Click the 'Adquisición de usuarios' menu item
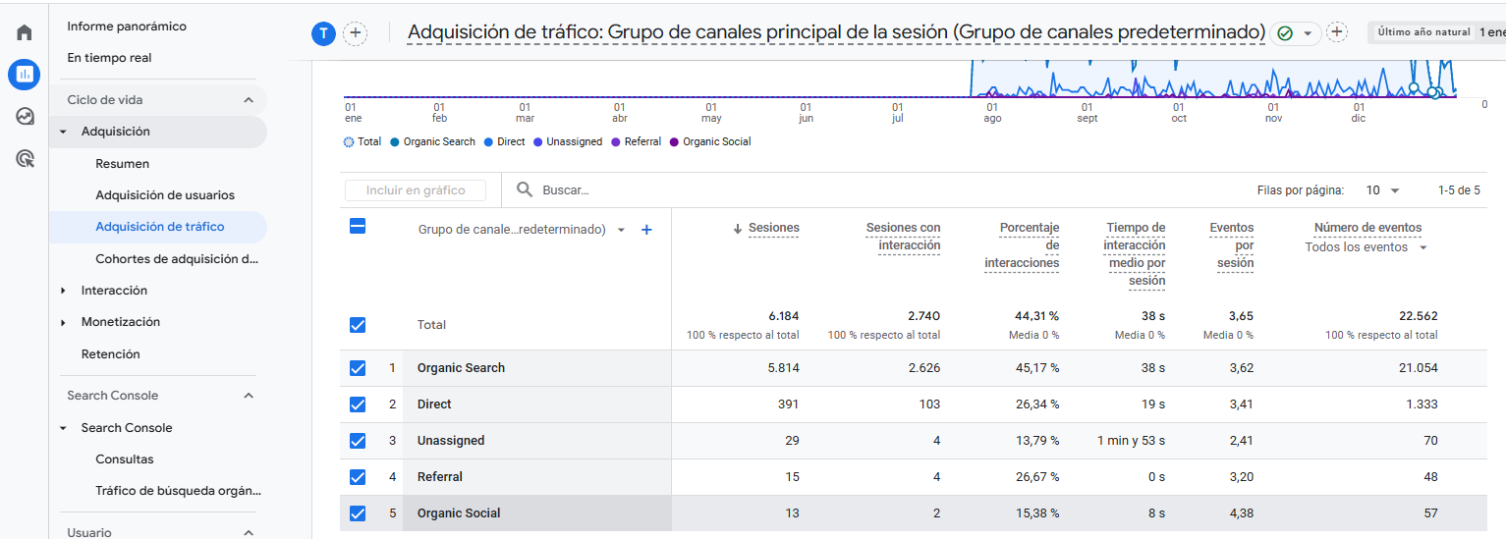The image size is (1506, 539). point(164,195)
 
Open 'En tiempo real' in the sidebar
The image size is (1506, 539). point(109,58)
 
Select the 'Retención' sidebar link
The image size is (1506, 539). point(110,354)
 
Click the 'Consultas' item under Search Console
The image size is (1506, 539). point(125,459)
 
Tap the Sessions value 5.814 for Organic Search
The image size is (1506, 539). point(777,368)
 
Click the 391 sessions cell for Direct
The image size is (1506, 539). point(785,404)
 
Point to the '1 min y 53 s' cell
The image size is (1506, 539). point(1131,441)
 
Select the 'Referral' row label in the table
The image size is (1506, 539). point(439,477)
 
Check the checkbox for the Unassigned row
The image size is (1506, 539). point(358,441)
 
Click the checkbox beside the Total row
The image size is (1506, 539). point(358,325)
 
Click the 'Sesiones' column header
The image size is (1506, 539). point(773,228)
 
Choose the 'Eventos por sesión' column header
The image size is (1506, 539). point(1231,244)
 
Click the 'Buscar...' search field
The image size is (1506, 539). point(589,190)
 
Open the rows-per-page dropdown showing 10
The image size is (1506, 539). point(1382,190)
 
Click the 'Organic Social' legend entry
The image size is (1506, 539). point(716,142)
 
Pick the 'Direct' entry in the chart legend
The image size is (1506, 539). point(510,142)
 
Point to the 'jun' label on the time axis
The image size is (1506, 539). point(807,119)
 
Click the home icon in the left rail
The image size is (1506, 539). point(25,32)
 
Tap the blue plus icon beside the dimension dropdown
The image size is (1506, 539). point(646,230)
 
